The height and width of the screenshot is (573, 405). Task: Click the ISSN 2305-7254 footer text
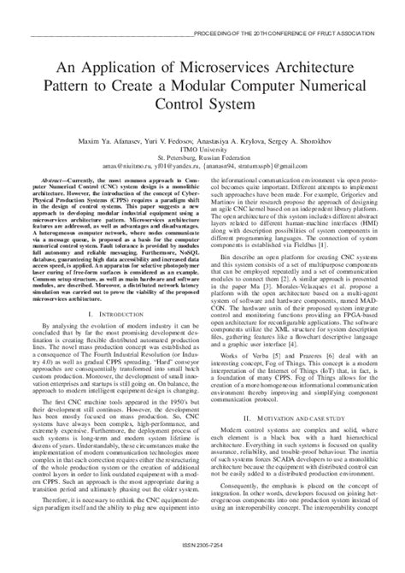203,564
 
